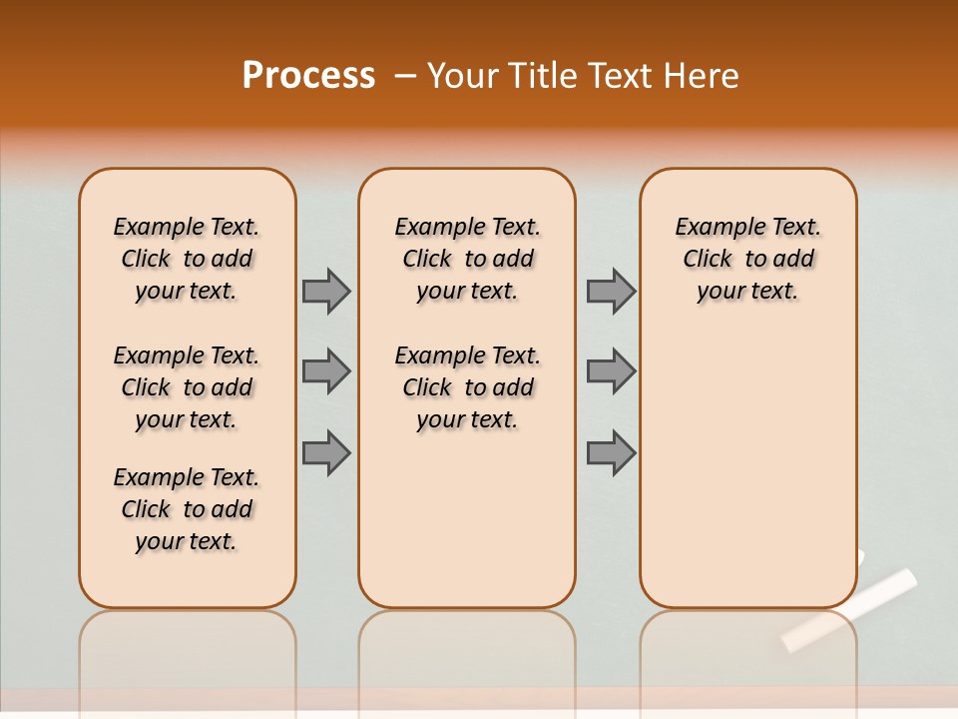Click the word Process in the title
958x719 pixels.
pyautogui.click(x=308, y=75)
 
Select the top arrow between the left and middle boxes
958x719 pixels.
pyautogui.click(x=326, y=291)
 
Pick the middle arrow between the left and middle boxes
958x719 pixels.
pyautogui.click(x=326, y=371)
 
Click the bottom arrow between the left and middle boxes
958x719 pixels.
pyautogui.click(x=326, y=452)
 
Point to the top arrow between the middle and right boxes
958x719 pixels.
pyautogui.click(x=611, y=291)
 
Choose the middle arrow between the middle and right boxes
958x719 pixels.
pyautogui.click(x=611, y=371)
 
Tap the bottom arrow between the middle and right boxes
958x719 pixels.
pyautogui.click(x=611, y=452)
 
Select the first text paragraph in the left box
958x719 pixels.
pyautogui.click(x=187, y=259)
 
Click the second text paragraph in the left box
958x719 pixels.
pyautogui.click(x=187, y=387)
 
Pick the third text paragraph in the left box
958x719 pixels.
pyautogui.click(x=187, y=509)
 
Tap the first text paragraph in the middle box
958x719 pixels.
pyautogui.click(x=468, y=259)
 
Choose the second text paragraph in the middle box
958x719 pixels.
pyautogui.click(x=468, y=387)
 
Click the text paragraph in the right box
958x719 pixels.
pyautogui.click(x=748, y=259)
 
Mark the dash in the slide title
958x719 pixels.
pyautogui.click(x=404, y=75)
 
